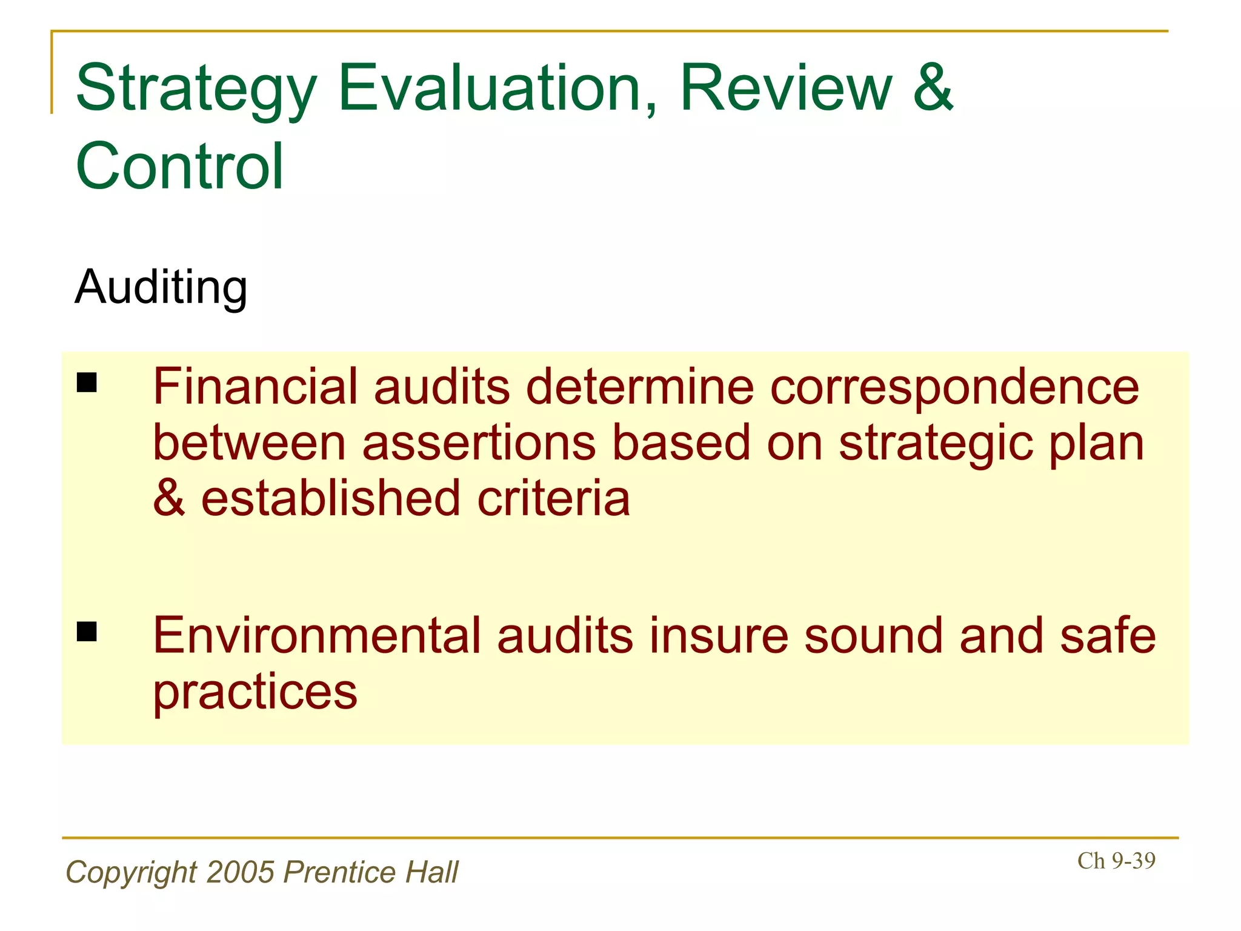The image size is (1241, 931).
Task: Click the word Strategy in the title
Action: click(196, 89)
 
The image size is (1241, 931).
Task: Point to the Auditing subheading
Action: click(161, 287)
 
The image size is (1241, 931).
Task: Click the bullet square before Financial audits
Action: click(87, 383)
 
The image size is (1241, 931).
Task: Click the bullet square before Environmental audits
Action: click(87, 632)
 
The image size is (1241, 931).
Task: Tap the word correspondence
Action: click(954, 388)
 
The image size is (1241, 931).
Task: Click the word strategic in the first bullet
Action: click(936, 444)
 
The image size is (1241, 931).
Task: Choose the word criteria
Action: click(553, 498)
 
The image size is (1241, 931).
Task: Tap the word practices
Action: click(255, 692)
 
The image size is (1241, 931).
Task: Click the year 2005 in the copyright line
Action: click(241, 872)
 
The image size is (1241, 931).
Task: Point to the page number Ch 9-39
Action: click(1116, 861)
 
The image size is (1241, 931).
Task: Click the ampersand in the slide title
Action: click(934, 88)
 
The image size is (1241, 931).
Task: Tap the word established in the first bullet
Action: click(330, 498)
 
